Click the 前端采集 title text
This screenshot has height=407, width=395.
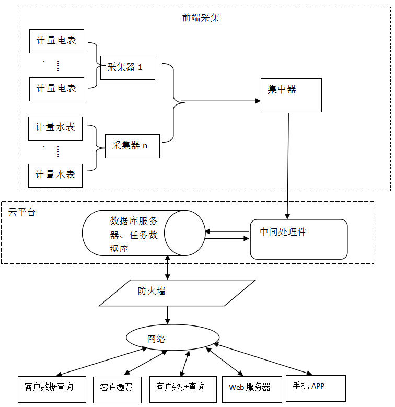coord(201,18)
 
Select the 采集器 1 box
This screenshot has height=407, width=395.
coord(127,67)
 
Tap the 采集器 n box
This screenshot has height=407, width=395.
coord(132,146)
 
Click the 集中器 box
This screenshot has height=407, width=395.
coord(291,95)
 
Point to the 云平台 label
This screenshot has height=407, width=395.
coord(22,213)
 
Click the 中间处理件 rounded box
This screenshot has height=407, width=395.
coord(298,239)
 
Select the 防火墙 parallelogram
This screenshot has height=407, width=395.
coord(177,292)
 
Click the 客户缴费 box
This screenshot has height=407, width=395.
coord(117,389)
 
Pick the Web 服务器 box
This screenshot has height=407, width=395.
coord(250,389)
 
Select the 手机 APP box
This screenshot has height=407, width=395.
coord(316,388)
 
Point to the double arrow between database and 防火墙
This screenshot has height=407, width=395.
coord(167,268)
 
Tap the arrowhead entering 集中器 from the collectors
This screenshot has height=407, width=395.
coord(257,101)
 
